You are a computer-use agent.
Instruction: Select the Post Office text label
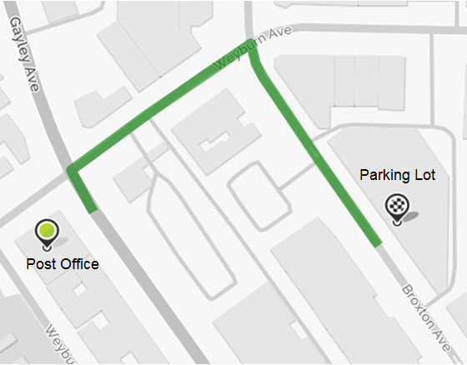click(63, 264)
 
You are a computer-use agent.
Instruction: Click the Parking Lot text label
click(398, 175)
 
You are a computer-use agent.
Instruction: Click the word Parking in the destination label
click(385, 175)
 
